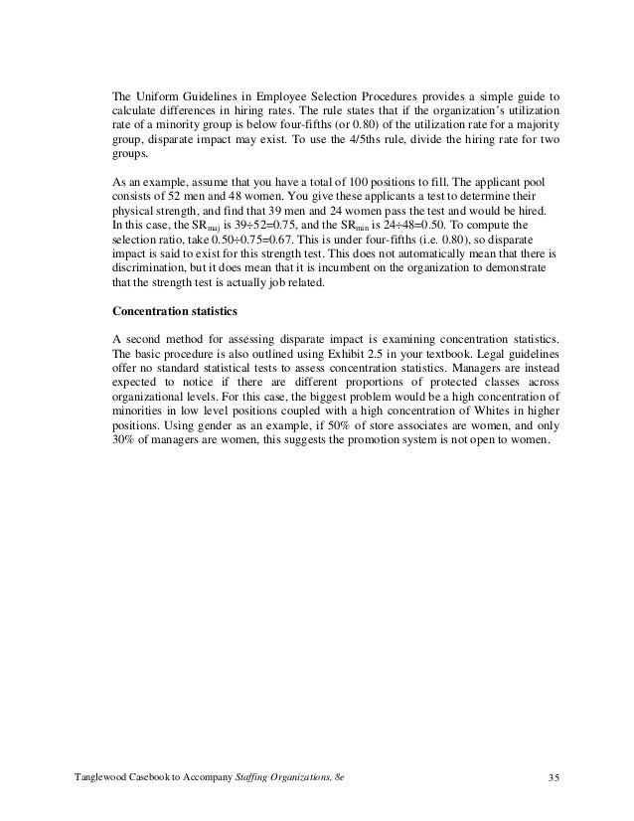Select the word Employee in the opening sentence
[x=287, y=92]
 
